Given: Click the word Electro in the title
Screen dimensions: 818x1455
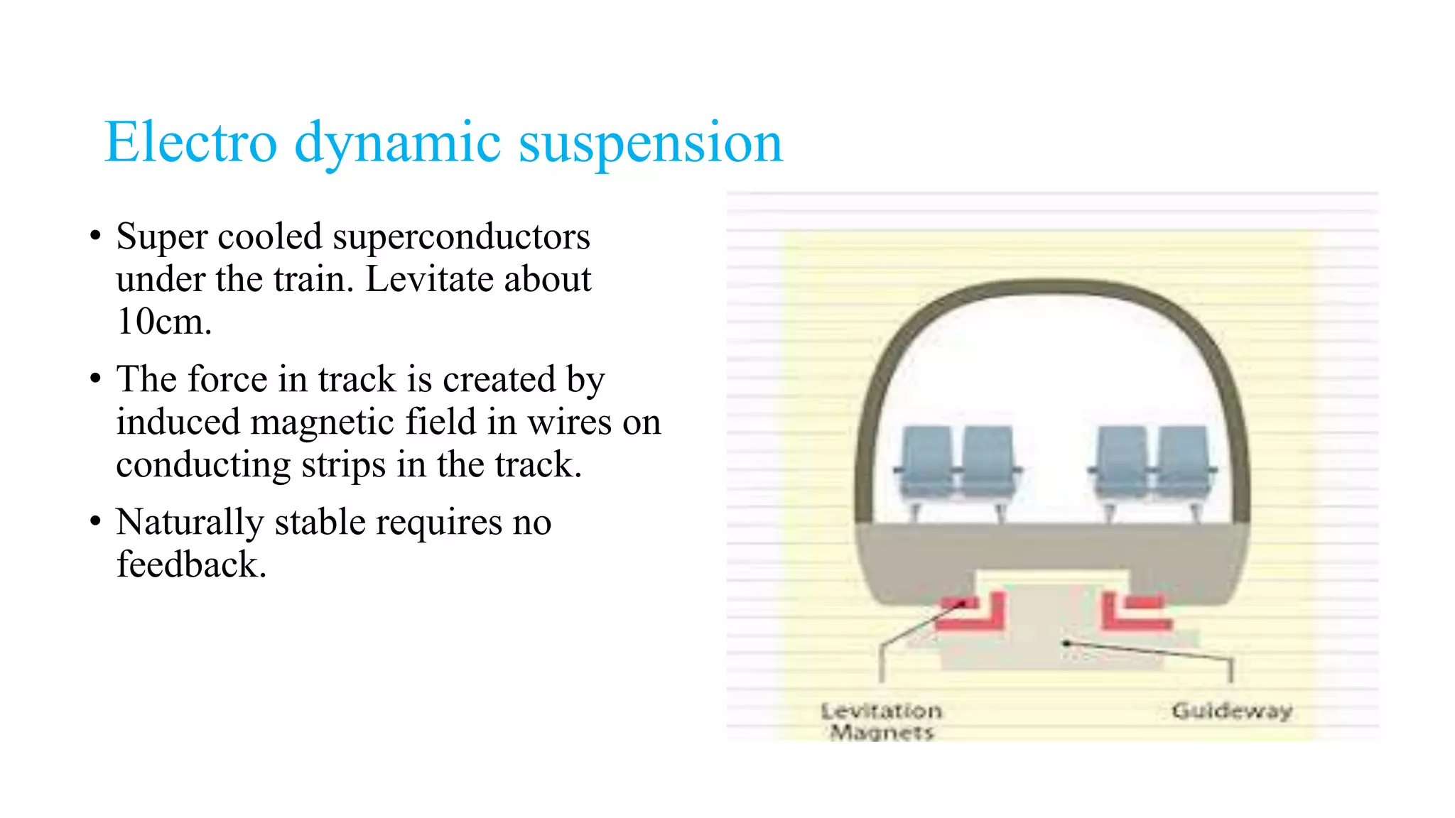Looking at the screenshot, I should pyautogui.click(x=190, y=142).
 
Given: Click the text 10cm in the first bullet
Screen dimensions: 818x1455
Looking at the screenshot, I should pyautogui.click(x=163, y=322).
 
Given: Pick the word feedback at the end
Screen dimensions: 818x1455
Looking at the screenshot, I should pyautogui.click(x=191, y=565).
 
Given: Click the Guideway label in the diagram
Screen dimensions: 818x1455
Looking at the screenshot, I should pyautogui.click(x=1231, y=710).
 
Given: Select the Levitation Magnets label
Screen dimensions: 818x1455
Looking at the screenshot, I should pyautogui.click(x=881, y=721).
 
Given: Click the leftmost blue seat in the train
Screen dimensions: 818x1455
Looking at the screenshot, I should pyautogui.click(x=926, y=462).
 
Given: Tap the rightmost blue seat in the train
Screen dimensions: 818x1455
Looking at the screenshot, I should pyautogui.click(x=1183, y=462).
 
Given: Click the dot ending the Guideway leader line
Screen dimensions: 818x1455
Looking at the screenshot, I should pyautogui.click(x=1066, y=643).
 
